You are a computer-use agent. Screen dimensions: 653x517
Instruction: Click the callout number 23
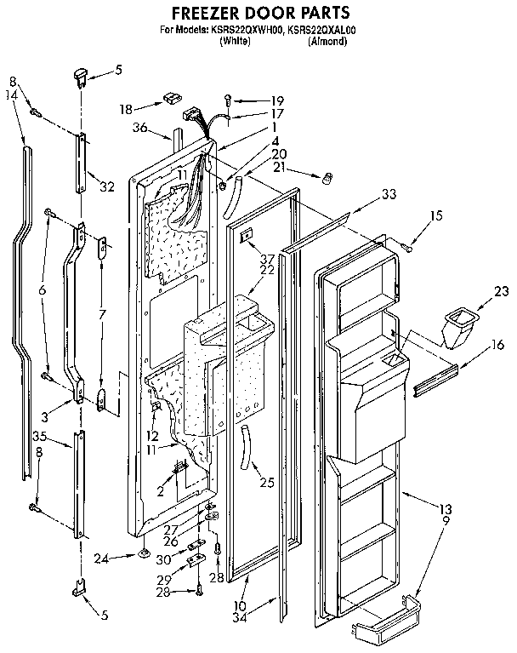(x=502, y=291)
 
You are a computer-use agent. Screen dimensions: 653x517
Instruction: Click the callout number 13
(x=446, y=508)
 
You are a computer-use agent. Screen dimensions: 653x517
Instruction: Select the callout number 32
(x=107, y=186)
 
